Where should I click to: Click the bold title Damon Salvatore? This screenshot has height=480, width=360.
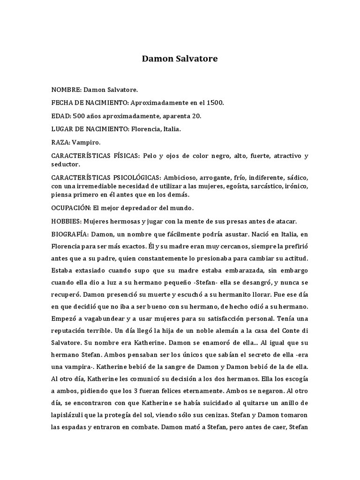(180, 60)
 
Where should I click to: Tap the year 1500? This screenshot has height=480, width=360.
(215, 102)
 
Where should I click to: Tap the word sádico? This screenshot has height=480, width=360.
(298, 178)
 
